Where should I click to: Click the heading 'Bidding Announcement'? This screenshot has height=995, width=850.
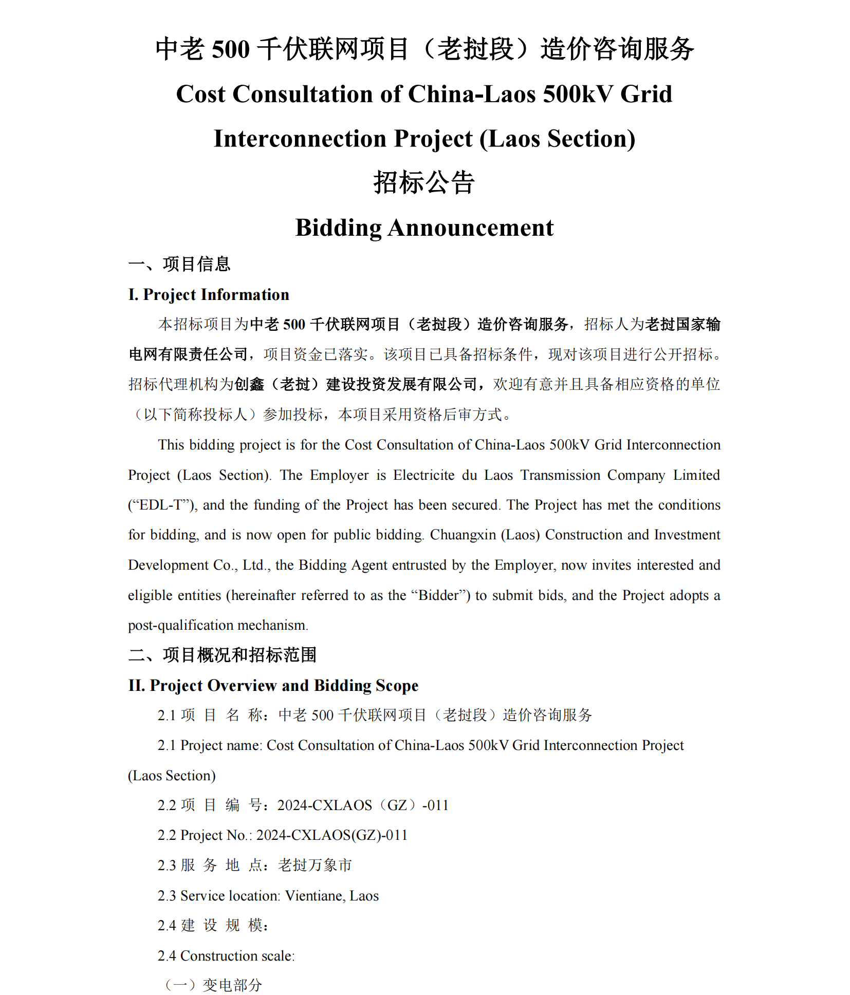point(424,228)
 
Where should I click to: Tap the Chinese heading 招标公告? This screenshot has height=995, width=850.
point(424,183)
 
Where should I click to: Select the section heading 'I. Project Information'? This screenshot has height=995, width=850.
point(209,294)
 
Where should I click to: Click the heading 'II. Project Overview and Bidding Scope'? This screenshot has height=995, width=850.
point(273,685)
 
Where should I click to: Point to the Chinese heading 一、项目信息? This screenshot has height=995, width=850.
point(179,264)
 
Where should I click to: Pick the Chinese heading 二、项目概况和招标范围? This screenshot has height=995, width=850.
point(223,655)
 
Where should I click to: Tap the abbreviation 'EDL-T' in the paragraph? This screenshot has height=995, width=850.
point(161,505)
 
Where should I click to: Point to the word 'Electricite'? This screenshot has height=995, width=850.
point(424,475)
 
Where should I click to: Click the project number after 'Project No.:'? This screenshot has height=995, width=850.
point(331,835)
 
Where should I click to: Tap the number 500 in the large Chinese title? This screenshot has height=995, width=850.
point(231,50)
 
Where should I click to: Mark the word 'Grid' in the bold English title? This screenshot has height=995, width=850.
point(646,94)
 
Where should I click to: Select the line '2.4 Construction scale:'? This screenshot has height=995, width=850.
point(226,956)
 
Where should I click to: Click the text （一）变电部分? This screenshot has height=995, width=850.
point(213,985)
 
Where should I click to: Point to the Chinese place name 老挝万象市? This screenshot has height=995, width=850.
point(315,866)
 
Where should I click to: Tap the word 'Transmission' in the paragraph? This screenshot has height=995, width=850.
point(561,475)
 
